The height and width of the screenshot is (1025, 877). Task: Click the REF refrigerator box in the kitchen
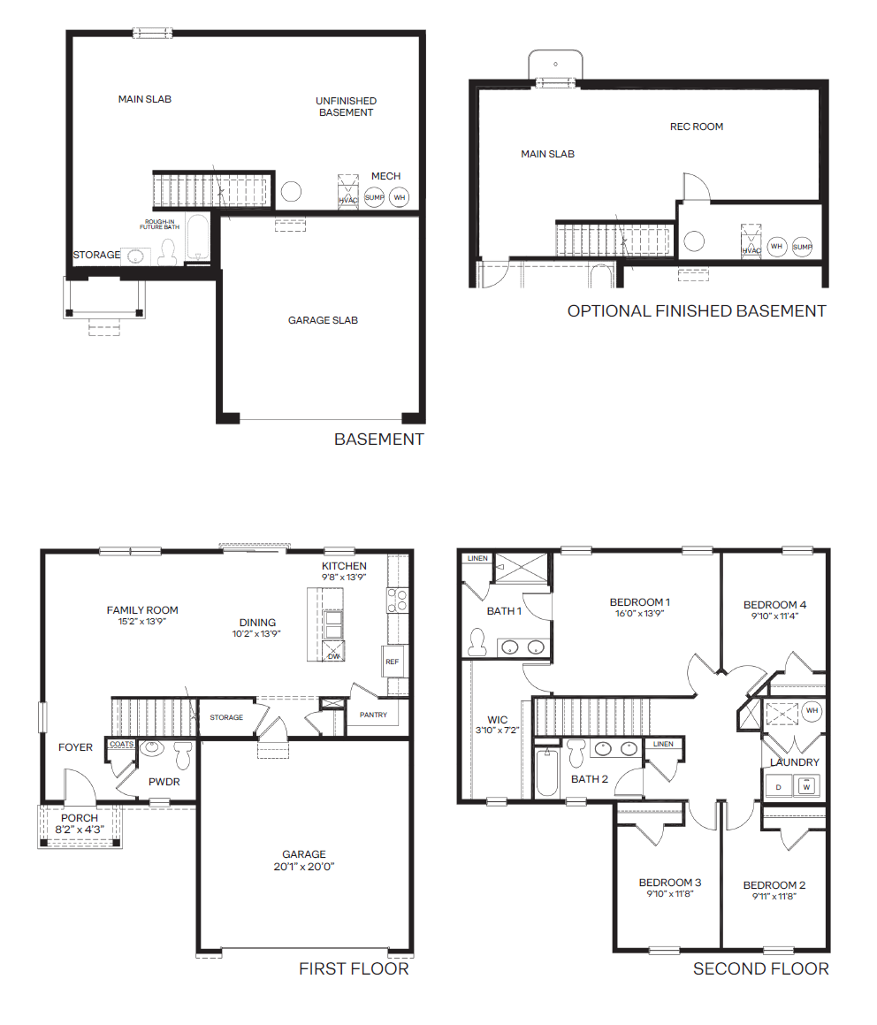coord(393,662)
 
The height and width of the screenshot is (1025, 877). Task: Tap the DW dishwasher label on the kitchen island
coord(334,655)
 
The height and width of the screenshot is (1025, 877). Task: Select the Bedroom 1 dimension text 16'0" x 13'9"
coord(640,614)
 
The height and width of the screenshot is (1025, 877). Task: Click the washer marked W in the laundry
coord(806,786)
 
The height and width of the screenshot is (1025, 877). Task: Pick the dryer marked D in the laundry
coord(778,787)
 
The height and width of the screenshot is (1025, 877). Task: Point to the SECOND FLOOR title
coord(760,968)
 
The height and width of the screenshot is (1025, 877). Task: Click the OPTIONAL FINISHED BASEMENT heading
coord(697,311)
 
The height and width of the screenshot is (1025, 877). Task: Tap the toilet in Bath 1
coord(477,642)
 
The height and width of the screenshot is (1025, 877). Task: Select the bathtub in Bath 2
coord(546,773)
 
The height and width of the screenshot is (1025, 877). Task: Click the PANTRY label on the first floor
coord(373,715)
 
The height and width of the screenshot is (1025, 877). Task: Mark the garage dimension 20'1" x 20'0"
coord(304,867)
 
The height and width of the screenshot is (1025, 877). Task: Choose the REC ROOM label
coord(697,126)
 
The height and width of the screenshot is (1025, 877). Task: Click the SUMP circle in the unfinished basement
coord(375,196)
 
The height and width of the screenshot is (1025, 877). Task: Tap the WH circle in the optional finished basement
coord(776,247)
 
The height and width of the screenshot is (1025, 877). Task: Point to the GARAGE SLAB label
coord(323,320)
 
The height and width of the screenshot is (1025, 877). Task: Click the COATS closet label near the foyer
coord(121,744)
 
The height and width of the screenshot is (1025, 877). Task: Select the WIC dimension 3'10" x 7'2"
coord(498,731)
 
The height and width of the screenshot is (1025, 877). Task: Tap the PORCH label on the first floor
coord(80,818)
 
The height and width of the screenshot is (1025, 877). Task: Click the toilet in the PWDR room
coord(182,755)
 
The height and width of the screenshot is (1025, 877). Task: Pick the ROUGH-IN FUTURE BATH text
coord(159,225)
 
